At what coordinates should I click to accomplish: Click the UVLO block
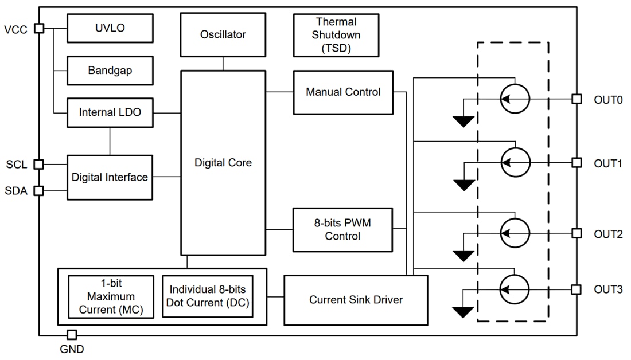pyautogui.click(x=110, y=28)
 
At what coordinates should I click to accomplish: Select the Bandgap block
pyautogui.click(x=110, y=71)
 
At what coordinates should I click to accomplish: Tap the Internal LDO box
pyautogui.click(x=110, y=113)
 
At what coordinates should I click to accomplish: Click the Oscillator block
pyautogui.click(x=223, y=34)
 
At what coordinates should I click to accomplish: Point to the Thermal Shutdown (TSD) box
pyautogui.click(x=336, y=35)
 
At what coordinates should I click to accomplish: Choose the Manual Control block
pyautogui.click(x=343, y=92)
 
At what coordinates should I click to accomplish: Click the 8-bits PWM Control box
pyautogui.click(x=343, y=229)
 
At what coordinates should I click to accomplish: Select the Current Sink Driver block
pyautogui.click(x=356, y=300)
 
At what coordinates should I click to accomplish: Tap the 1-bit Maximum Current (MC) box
pyautogui.click(x=111, y=297)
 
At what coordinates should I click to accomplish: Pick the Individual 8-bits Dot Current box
pyautogui.click(x=207, y=297)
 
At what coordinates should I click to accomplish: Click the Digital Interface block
pyautogui.click(x=110, y=177)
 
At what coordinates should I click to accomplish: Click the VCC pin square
pyautogui.click(x=39, y=28)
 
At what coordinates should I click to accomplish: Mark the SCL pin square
pyautogui.click(x=39, y=165)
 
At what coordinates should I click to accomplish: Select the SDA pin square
pyautogui.click(x=39, y=191)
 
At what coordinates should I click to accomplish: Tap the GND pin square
pyautogui.click(x=72, y=335)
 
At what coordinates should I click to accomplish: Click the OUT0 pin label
pyautogui.click(x=608, y=100)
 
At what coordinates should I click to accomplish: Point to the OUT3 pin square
pyautogui.click(x=577, y=289)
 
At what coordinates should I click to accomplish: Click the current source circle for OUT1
pyautogui.click(x=515, y=163)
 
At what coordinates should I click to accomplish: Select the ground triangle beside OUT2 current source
pyautogui.click(x=463, y=255)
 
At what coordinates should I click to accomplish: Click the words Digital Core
pyautogui.click(x=223, y=163)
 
